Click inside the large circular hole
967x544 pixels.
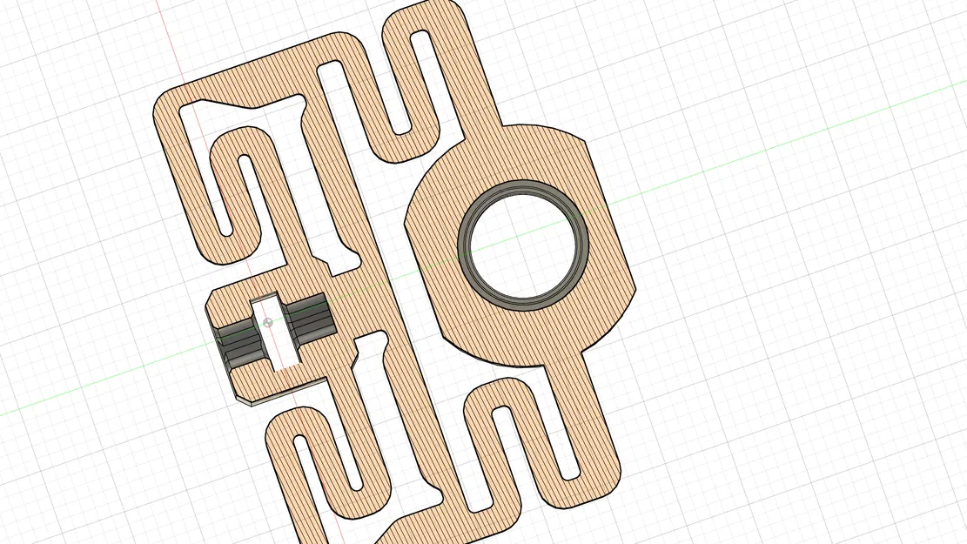coord(524,243)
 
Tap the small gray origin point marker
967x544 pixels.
coord(268,323)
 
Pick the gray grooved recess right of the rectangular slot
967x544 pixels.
coord(312,315)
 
